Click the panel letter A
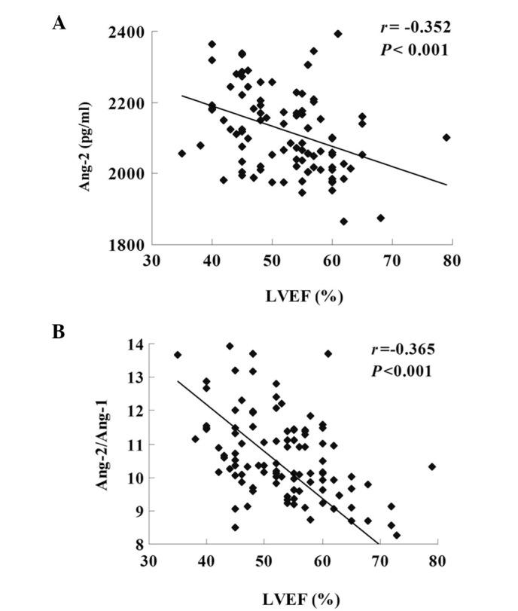[59, 23]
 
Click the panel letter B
[59, 332]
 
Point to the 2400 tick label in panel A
[128, 32]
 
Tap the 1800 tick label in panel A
[128, 245]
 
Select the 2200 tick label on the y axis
[128, 103]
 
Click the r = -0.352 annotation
[414, 29]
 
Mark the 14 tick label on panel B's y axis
[136, 344]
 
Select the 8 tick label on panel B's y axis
[139, 544]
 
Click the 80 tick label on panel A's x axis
[451, 261]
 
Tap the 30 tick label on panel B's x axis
[148, 561]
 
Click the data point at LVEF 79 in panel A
[446, 137]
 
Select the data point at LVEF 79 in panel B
[432, 466]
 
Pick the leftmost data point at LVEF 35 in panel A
[181, 153]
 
